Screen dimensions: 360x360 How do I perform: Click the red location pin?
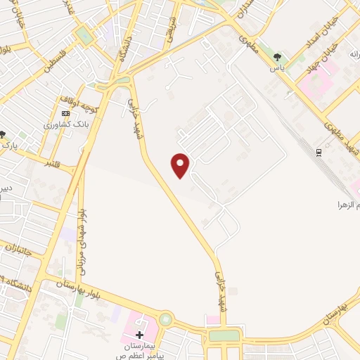[x=181, y=165]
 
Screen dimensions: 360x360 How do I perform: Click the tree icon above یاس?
[x=279, y=58]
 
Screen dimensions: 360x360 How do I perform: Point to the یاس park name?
[x=279, y=69]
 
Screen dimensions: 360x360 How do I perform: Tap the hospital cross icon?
[x=140, y=334]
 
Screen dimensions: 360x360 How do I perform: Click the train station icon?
[x=319, y=152]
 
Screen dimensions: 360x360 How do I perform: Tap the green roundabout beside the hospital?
[x=165, y=320]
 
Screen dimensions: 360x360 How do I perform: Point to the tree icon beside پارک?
[x=4, y=134]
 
